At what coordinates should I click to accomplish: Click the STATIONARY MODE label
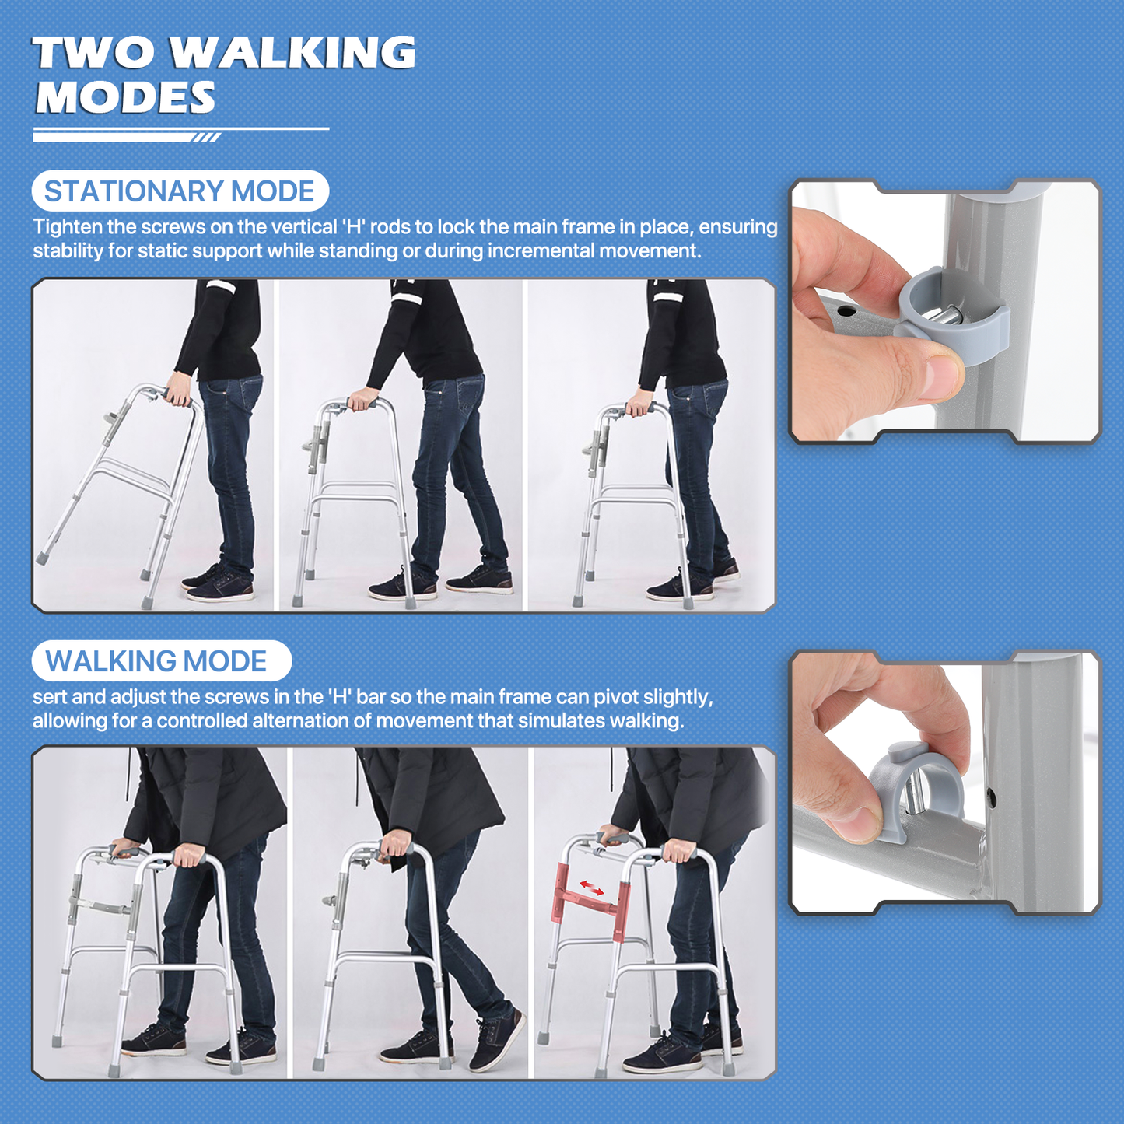(x=180, y=191)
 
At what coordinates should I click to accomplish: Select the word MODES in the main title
(x=125, y=96)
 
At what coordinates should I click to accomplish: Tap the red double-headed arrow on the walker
(x=591, y=888)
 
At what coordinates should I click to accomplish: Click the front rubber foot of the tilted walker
(x=43, y=557)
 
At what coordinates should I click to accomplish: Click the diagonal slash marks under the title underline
(x=207, y=138)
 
